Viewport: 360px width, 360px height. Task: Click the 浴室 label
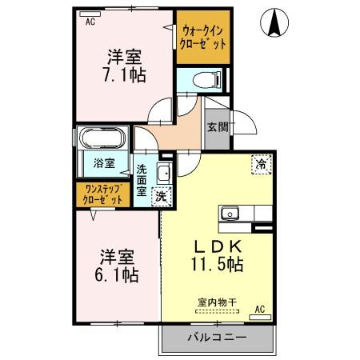(104, 163)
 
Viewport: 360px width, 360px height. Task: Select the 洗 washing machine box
(161, 195)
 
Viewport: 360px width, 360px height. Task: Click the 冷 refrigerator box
(261, 163)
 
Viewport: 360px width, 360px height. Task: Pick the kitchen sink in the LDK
(230, 214)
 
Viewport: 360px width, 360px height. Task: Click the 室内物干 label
(217, 302)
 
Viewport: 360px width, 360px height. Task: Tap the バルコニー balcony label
(215, 337)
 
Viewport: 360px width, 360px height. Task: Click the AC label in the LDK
(259, 309)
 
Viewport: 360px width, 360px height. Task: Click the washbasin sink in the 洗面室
(163, 174)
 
